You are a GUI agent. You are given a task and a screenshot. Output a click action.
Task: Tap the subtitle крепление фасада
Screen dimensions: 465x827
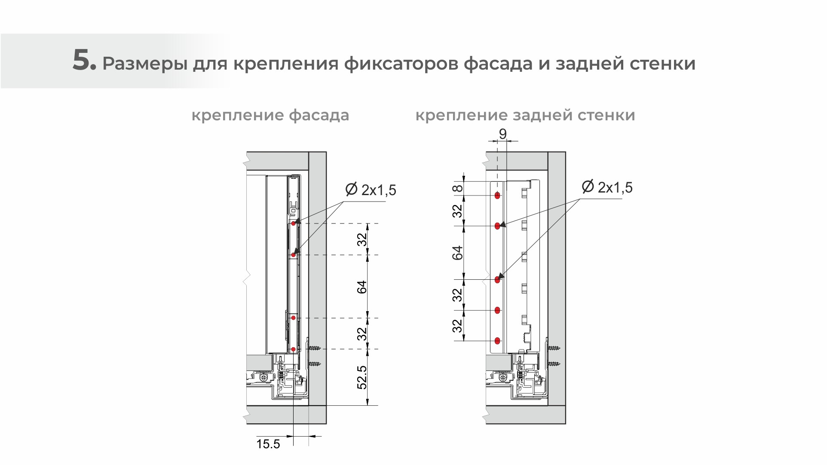pyautogui.click(x=270, y=115)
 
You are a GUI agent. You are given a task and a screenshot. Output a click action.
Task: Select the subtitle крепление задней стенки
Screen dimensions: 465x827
pyautogui.click(x=525, y=115)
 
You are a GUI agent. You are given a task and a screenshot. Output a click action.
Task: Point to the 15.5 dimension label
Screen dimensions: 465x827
pyautogui.click(x=268, y=444)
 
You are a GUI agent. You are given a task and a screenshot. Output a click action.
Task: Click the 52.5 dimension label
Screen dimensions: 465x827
pyautogui.click(x=363, y=377)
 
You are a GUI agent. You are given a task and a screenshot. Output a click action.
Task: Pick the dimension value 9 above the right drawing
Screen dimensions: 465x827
pyautogui.click(x=502, y=134)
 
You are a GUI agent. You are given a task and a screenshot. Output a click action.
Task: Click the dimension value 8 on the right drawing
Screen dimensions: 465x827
pyautogui.click(x=458, y=188)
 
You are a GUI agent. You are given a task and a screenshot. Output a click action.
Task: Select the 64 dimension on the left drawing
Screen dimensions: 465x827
pyautogui.click(x=363, y=287)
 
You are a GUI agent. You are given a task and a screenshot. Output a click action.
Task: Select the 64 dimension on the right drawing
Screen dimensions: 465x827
pyautogui.click(x=458, y=253)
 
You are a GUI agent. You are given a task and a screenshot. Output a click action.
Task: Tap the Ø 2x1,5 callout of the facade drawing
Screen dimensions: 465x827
pyautogui.click(x=371, y=190)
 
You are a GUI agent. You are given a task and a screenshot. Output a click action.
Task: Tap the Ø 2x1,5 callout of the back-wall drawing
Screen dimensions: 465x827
pyautogui.click(x=607, y=187)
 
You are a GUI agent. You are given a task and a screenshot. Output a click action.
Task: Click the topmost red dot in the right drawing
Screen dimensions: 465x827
pyautogui.click(x=497, y=196)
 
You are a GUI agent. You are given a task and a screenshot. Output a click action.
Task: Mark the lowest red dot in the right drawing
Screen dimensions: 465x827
pyautogui.click(x=497, y=341)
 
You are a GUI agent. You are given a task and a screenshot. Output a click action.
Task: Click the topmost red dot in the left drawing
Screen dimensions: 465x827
pyautogui.click(x=293, y=224)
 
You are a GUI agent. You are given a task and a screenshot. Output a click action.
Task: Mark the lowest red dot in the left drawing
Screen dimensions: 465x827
pyautogui.click(x=293, y=349)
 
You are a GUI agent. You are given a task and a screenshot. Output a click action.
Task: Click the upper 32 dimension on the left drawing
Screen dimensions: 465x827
pyautogui.click(x=363, y=239)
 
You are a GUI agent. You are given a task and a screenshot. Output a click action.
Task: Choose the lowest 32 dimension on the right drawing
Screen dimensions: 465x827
pyautogui.click(x=458, y=325)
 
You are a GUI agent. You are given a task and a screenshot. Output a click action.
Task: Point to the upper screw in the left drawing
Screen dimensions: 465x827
pyautogui.click(x=315, y=347)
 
